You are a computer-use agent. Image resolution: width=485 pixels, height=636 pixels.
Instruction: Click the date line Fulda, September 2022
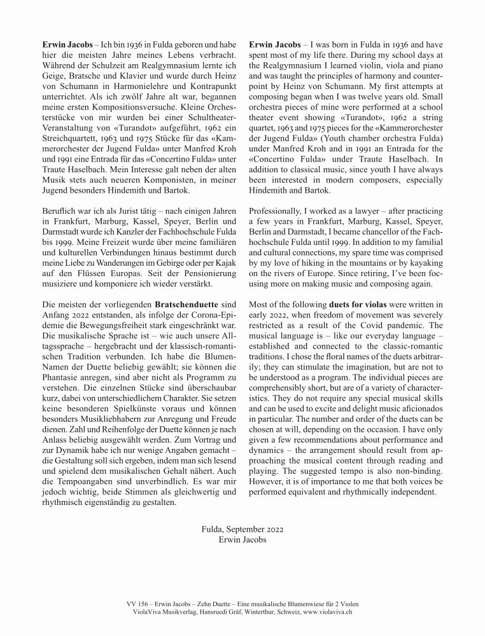click(242, 529)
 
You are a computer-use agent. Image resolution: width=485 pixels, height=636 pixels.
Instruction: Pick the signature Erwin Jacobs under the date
click(242, 540)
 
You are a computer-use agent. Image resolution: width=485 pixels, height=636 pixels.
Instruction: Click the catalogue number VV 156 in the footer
click(138, 601)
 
